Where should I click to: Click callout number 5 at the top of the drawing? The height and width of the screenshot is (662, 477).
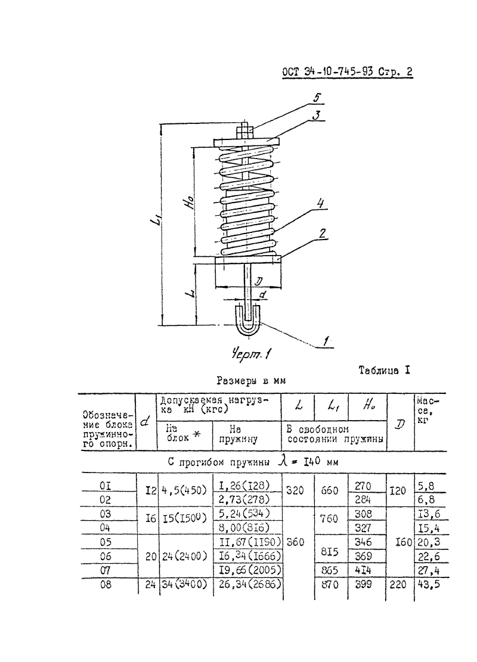pyautogui.click(x=317, y=98)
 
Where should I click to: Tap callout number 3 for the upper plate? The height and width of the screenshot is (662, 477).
pyautogui.click(x=317, y=115)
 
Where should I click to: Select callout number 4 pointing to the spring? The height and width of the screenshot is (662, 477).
pyautogui.click(x=321, y=204)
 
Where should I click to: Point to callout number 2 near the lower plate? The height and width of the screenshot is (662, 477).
pyautogui.click(x=322, y=234)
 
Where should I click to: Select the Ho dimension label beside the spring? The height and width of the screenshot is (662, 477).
pyautogui.click(x=191, y=202)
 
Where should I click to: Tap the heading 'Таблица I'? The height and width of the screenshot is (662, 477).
pyautogui.click(x=384, y=371)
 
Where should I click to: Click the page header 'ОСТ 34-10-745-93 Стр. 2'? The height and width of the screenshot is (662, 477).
pyautogui.click(x=347, y=72)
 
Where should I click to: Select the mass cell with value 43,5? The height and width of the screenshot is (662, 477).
pyautogui.click(x=429, y=585)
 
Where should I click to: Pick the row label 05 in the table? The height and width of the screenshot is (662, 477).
pyautogui.click(x=106, y=542)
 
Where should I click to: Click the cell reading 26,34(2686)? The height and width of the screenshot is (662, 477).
pyautogui.click(x=250, y=585)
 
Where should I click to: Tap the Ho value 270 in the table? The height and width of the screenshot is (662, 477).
pyautogui.click(x=363, y=486)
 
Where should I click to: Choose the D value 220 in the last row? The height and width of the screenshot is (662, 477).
pyautogui.click(x=398, y=585)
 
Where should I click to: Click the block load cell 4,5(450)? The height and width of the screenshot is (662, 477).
pyautogui.click(x=184, y=490)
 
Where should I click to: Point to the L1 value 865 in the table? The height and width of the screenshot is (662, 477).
pyautogui.click(x=330, y=570)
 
